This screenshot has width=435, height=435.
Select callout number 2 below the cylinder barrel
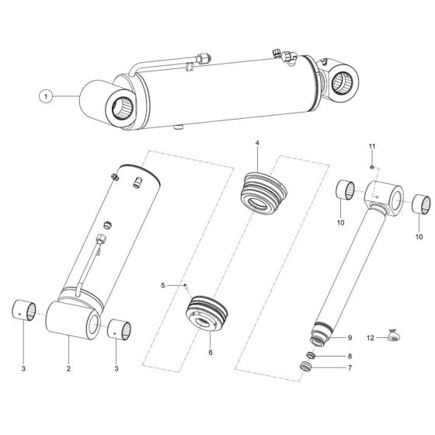68,368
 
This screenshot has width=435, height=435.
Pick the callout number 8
349,354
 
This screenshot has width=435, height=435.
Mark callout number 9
349,337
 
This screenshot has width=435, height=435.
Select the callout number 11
372,146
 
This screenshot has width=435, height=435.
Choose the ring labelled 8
308,355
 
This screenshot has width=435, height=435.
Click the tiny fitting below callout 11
372,165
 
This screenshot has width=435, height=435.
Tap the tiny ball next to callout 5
187,286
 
